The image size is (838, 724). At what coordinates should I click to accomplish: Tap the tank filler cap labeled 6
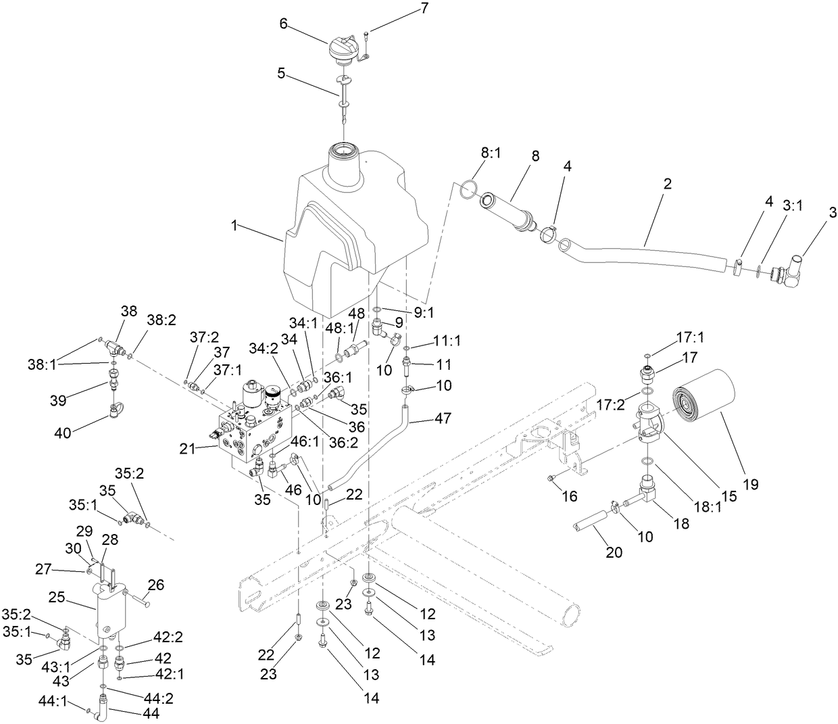pyautogui.click(x=343, y=51)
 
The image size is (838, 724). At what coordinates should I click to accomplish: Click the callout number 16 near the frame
pyautogui.click(x=570, y=497)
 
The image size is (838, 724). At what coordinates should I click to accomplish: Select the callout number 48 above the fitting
pyautogui.click(x=358, y=313)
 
